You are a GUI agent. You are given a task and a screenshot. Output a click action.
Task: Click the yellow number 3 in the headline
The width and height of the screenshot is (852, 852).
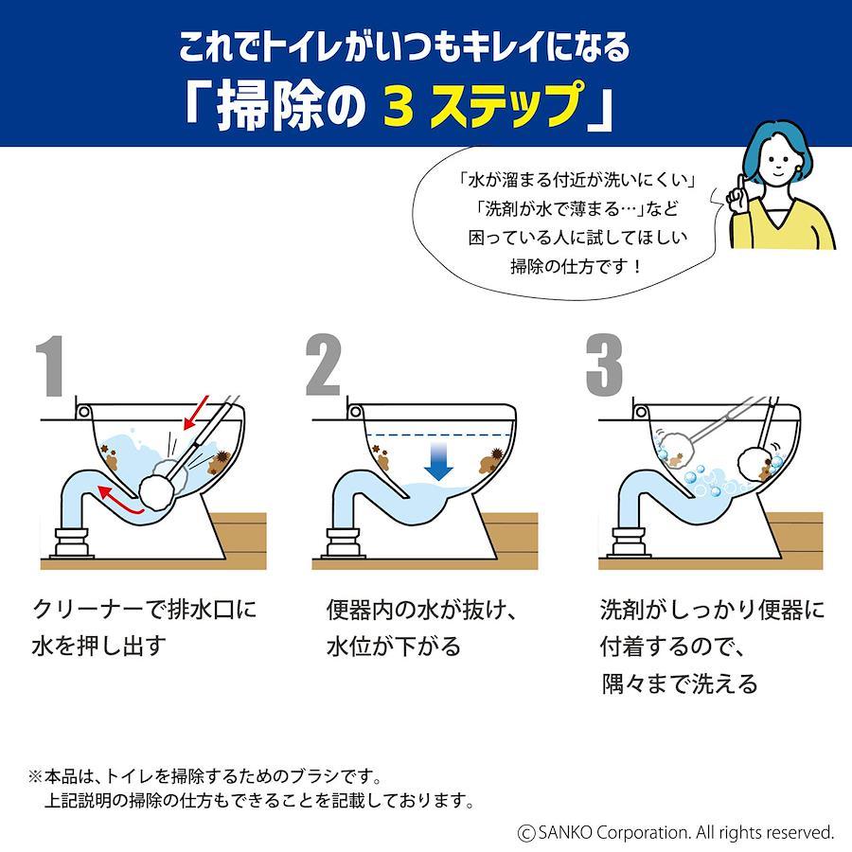coord(399,105)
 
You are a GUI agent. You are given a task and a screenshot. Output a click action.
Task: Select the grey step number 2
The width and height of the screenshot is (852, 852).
coord(324,364)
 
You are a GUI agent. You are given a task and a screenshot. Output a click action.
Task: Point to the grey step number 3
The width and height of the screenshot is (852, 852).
coord(604,364)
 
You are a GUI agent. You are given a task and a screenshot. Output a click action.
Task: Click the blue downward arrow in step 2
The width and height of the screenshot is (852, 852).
coord(438,461)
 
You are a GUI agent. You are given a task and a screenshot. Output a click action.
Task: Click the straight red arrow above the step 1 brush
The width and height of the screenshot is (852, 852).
coord(196,413)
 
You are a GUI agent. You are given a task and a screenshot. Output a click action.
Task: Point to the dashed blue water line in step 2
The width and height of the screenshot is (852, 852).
coord(439,435)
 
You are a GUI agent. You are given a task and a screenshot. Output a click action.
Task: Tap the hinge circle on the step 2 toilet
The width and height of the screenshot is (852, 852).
coord(355,412)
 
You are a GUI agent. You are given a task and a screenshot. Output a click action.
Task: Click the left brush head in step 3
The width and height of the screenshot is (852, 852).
coord(674,448)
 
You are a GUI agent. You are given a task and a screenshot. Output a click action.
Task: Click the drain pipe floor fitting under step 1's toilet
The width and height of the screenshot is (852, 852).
coord(71,542)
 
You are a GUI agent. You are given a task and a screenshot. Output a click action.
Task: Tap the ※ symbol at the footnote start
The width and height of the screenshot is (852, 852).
coord(35,776)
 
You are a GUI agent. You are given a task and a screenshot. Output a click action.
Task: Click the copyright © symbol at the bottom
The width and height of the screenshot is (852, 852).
coord(526,833)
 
